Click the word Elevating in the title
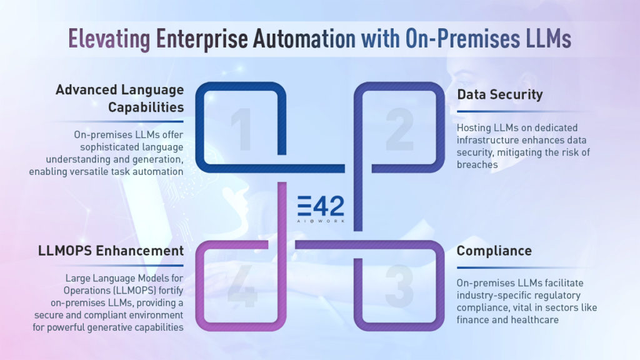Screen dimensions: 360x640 [108, 39]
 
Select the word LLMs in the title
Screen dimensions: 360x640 [541, 39]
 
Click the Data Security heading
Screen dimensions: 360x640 [499, 95]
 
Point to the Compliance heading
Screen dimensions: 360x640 [494, 251]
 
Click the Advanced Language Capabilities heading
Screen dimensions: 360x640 [119, 98]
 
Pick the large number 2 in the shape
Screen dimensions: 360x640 [399, 130]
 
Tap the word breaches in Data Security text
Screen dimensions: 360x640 [477, 165]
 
